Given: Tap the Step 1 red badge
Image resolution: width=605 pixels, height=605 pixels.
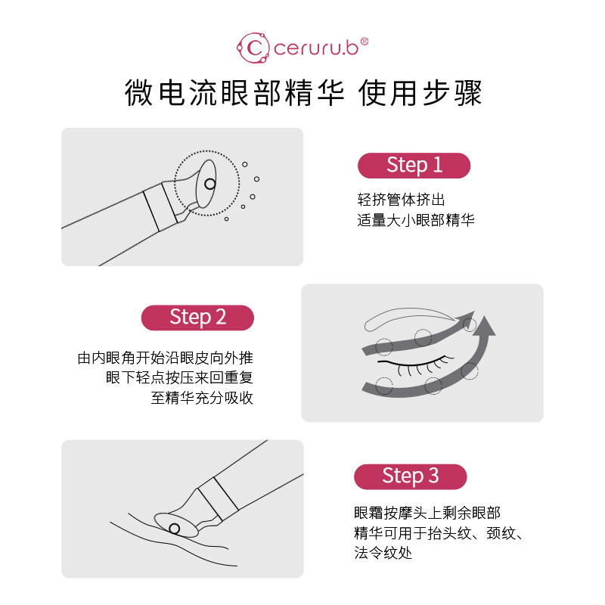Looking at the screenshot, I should pos(414,165).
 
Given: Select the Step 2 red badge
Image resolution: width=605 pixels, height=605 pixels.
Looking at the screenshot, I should pos(197,317).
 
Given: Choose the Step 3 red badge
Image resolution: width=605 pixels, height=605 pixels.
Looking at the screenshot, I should pos(410,476).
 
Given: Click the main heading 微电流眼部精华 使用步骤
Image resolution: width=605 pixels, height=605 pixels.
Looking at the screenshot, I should pos(302,95).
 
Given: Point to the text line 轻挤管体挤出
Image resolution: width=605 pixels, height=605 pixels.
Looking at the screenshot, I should pos(401,200).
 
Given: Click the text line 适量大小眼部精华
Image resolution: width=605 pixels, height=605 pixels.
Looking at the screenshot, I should pos(416,221).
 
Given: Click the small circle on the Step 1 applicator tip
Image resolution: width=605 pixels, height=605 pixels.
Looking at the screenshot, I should pos(210,183).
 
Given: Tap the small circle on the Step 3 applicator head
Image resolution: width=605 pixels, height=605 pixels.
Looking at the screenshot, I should pos(175,528).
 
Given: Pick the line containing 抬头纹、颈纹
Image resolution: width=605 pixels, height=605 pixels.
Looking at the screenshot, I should pos(439,533).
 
